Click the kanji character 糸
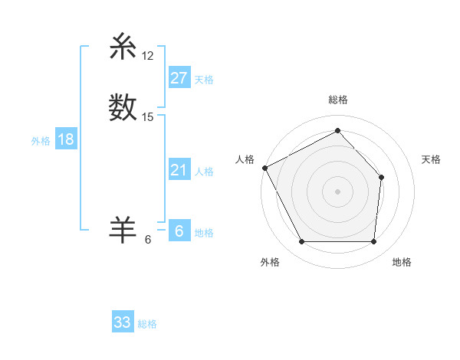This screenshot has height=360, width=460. click(123, 47)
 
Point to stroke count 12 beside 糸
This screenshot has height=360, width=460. click(148, 57)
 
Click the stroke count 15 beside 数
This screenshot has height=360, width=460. click(148, 117)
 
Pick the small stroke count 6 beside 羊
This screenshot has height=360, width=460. click(148, 239)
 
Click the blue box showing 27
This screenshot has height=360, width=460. click(179, 78)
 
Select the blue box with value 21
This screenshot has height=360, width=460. click(179, 170)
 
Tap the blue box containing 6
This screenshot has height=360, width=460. click(179, 231)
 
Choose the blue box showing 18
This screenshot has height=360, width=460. click(66, 139)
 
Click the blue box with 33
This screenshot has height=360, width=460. click(123, 322)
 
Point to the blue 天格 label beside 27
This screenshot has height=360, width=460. click(204, 80)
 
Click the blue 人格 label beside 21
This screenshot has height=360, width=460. click(204, 172)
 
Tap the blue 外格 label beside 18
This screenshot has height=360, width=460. click(41, 141)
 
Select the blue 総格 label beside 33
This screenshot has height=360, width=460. click(147, 324)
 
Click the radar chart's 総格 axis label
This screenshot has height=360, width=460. click(337, 100)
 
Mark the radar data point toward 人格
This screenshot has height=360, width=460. click(264, 167)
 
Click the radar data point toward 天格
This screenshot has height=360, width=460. click(381, 178)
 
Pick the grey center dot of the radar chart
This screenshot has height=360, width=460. click(337, 191)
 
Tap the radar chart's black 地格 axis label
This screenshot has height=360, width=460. click(402, 262)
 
